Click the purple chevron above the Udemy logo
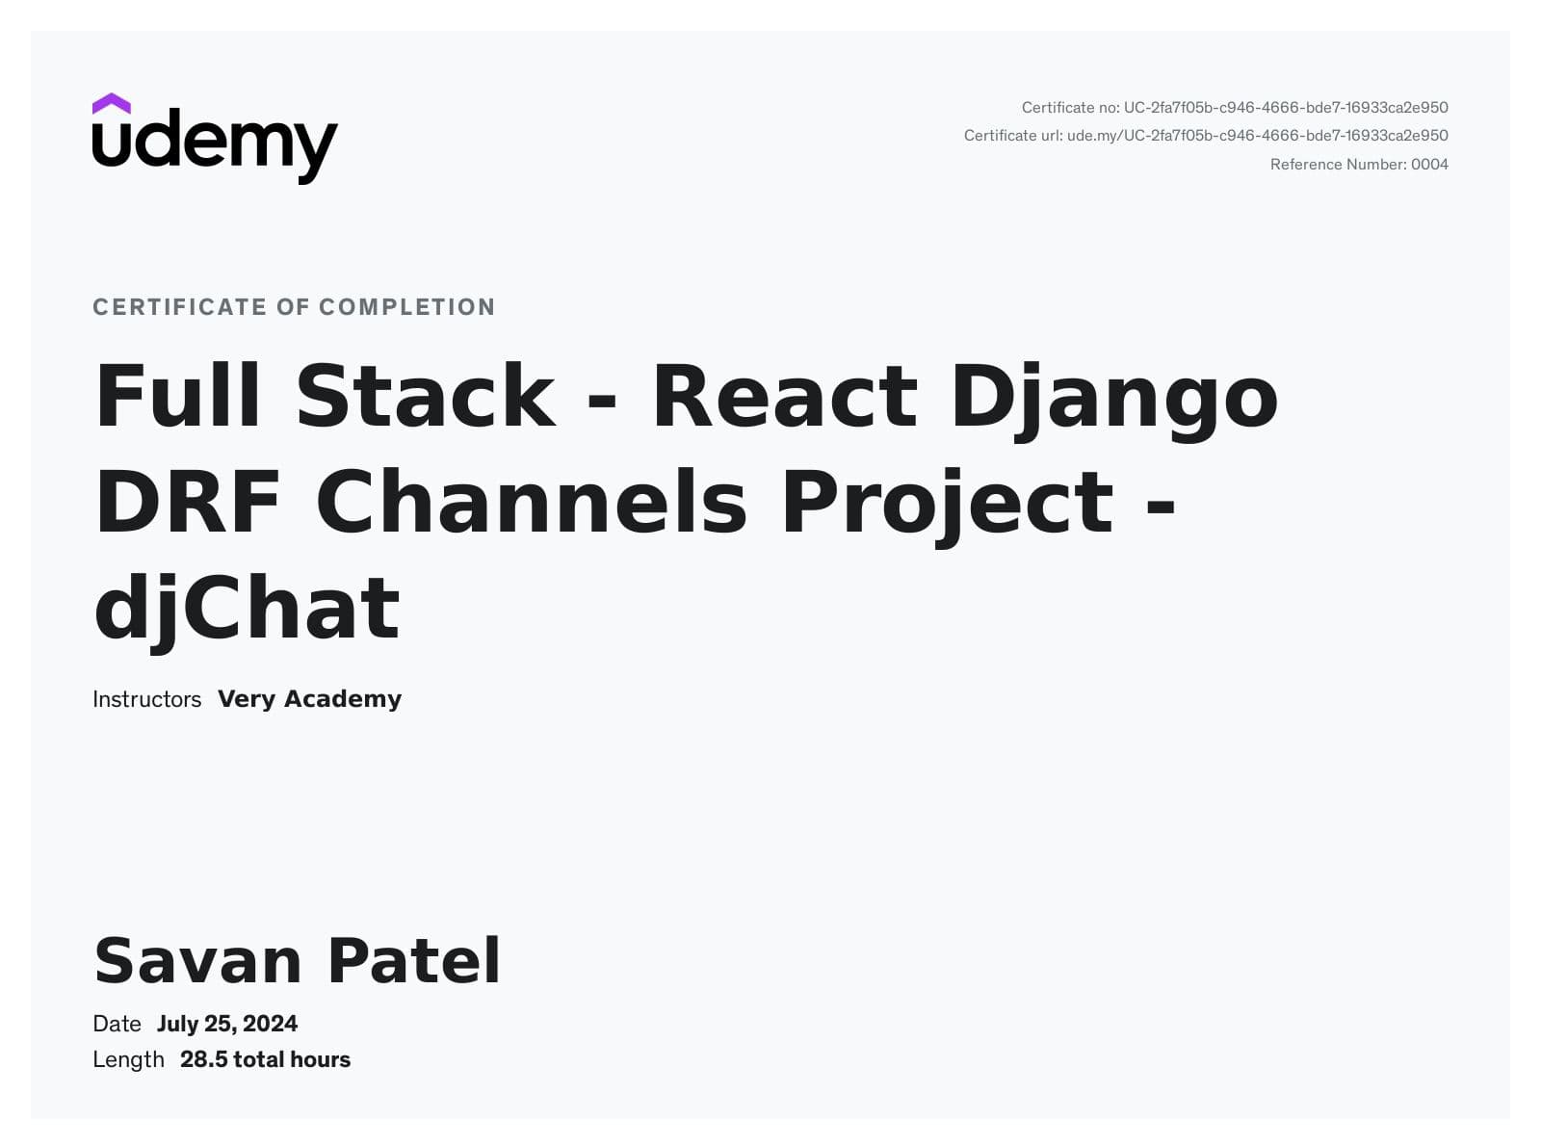(112, 103)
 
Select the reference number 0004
(1429, 165)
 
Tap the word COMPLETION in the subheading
(406, 307)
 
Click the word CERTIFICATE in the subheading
(179, 307)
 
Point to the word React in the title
(785, 396)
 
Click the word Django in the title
(1114, 398)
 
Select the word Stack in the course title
(425, 396)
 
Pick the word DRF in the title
(188, 502)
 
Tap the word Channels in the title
(531, 502)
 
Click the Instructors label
(146, 699)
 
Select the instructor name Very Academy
(309, 699)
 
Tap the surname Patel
(414, 961)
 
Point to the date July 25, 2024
(227, 1024)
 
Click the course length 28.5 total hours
(265, 1059)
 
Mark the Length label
(128, 1059)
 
